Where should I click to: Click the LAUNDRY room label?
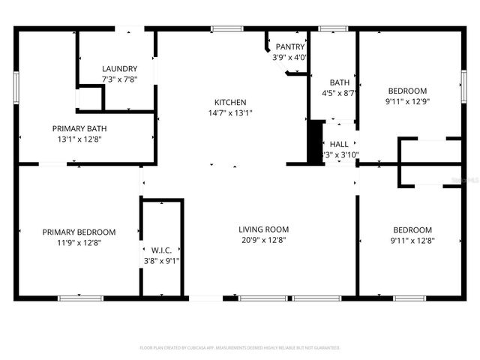120,68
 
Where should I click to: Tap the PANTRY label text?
289,46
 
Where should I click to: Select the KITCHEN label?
230,102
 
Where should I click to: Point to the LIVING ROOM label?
263,229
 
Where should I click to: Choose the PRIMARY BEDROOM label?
79,232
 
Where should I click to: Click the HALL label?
339,144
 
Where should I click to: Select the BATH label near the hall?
340,82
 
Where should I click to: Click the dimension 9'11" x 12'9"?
407,101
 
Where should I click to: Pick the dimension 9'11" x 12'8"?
412,241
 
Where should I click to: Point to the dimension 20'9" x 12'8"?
263,240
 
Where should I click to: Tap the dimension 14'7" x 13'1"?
230,113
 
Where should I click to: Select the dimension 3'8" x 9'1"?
161,261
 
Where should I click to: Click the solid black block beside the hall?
315,141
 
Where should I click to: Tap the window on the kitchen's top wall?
226,29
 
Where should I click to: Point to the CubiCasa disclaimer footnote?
240,348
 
